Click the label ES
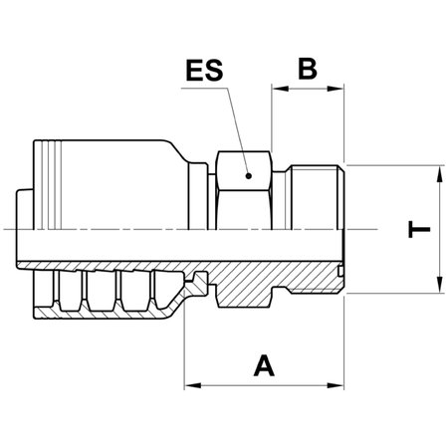click(x=205, y=72)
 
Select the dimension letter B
click(x=308, y=69)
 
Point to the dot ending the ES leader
click(x=250, y=175)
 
